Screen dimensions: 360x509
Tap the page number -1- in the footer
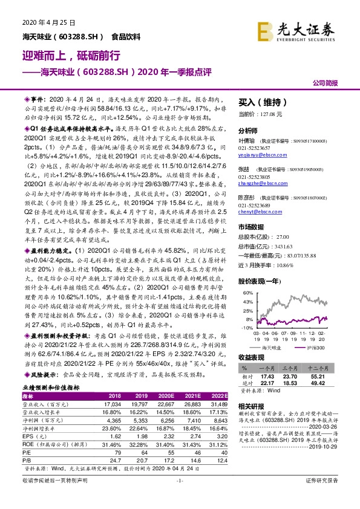(180, 497)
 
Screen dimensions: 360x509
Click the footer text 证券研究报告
(330, 497)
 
